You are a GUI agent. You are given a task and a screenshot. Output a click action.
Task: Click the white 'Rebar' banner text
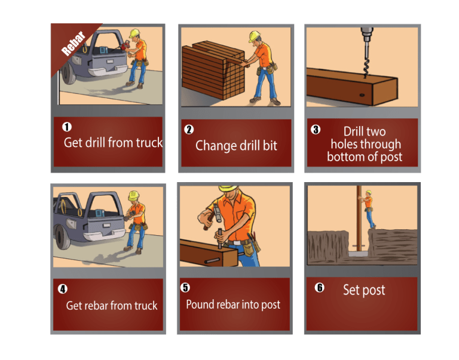pyautogui.click(x=72, y=43)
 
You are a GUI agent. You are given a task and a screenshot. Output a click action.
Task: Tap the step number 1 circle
pyautogui.click(x=67, y=127)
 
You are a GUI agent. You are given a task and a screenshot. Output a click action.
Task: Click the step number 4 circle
pyautogui.click(x=63, y=289)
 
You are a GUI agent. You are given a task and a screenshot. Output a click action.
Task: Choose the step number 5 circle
pyautogui.click(x=185, y=287)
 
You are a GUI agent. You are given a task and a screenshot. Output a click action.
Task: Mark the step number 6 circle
pyautogui.click(x=319, y=287)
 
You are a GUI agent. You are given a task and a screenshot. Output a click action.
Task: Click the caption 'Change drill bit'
pyautogui.click(x=236, y=145)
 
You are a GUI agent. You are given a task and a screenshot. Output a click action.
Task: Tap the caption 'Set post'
pyautogui.click(x=364, y=290)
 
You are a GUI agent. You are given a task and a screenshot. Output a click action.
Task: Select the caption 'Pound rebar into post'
pyautogui.click(x=233, y=304)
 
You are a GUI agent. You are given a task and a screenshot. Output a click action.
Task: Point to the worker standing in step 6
pyautogui.click(x=368, y=209)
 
